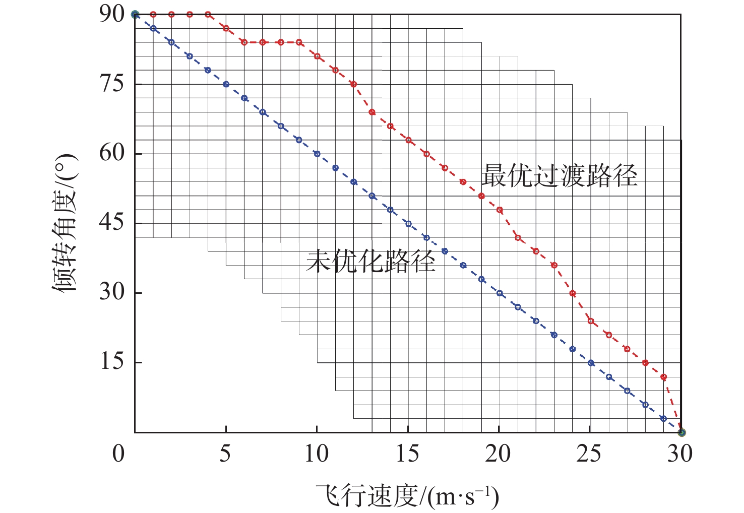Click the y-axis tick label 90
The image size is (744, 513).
111,14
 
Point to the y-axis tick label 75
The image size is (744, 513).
111,84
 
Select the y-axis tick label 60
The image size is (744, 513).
111,153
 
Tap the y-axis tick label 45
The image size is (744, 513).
111,223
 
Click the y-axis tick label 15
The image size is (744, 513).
111,362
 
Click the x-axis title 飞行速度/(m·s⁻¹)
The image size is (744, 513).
407,497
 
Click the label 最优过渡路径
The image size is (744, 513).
559,176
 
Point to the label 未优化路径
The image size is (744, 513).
370,262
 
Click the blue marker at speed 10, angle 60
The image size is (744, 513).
317,154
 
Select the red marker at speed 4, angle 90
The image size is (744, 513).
208,15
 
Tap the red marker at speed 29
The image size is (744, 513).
663,377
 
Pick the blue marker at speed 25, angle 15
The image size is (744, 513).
591,363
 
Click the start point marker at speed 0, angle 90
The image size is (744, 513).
135,15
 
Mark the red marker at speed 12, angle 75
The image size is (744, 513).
354,84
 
